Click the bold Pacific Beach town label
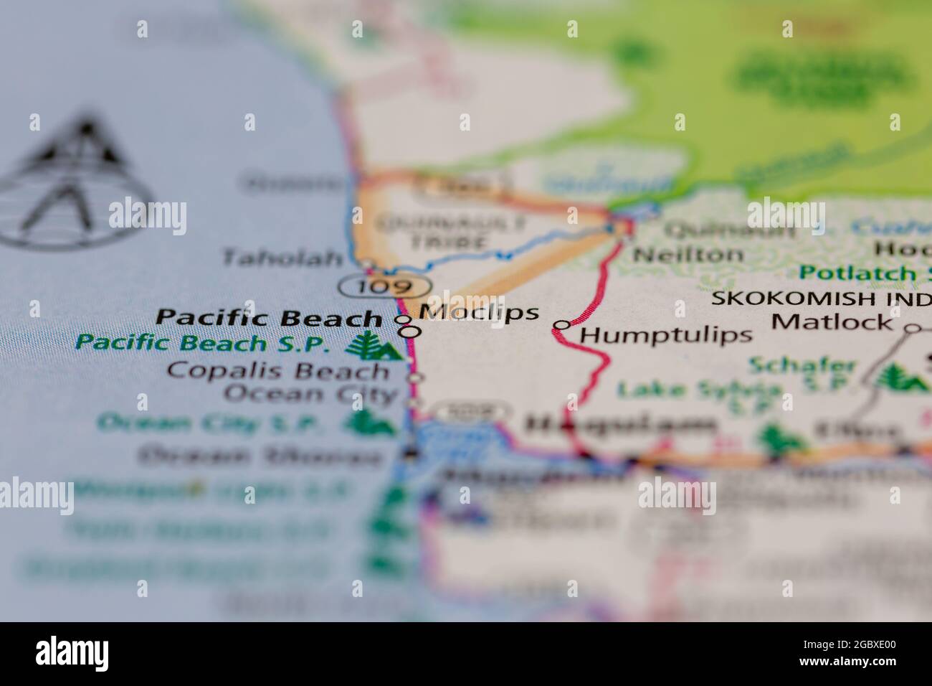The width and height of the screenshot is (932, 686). click(x=270, y=317)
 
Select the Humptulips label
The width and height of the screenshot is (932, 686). click(x=666, y=334)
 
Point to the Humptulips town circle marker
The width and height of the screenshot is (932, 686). click(x=562, y=325)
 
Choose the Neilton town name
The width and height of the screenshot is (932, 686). click(x=689, y=254)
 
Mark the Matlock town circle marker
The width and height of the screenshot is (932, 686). click(x=912, y=329)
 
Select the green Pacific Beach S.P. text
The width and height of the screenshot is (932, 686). click(x=203, y=343)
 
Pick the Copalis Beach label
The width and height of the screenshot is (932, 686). click(x=277, y=371)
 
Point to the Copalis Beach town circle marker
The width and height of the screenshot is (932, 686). click(x=415, y=377)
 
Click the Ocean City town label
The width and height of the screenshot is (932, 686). click(x=310, y=394)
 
